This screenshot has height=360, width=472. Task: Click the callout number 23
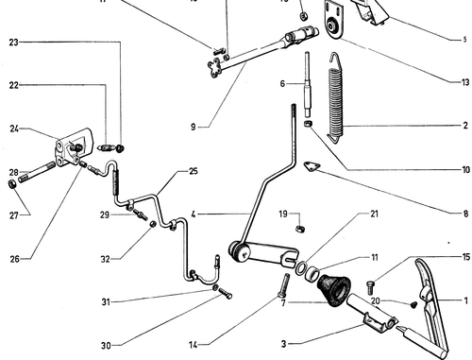click(x=13, y=42)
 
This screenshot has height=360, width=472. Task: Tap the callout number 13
click(x=465, y=82)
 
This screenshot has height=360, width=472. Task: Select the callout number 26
click(x=14, y=259)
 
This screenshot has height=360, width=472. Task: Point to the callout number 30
click(x=106, y=346)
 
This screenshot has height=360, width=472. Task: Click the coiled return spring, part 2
click(x=335, y=97)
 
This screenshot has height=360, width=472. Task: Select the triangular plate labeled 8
click(x=312, y=166)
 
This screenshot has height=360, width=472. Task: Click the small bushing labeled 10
click(x=308, y=124)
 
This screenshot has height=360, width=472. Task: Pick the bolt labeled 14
click(x=284, y=285)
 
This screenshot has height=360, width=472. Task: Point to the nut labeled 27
click(x=11, y=184)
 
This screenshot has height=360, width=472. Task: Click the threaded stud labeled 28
click(x=37, y=172)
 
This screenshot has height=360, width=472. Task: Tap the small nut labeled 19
click(x=301, y=228)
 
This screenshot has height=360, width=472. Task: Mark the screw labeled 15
click(x=371, y=286)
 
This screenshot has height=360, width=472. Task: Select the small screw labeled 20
click(x=413, y=304)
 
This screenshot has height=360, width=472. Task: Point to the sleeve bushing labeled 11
click(x=312, y=273)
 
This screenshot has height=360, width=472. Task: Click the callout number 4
click(x=194, y=214)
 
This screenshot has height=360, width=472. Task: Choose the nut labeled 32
click(x=153, y=224)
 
